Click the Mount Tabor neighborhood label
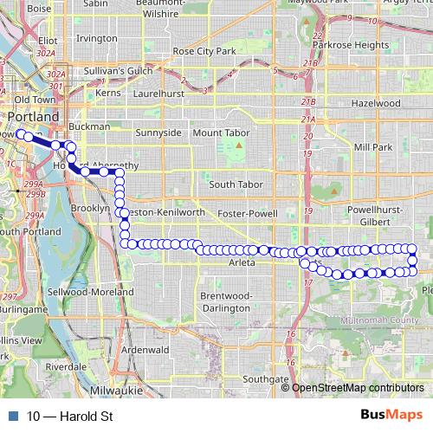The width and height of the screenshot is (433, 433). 220,132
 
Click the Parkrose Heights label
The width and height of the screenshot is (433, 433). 351,44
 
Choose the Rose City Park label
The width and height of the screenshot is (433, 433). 204,52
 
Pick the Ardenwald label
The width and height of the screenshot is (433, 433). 145,349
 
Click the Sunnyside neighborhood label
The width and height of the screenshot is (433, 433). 159,132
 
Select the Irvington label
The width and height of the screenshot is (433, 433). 96,39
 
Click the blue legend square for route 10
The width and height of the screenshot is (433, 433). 13,416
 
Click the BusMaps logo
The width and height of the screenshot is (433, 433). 391,415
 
